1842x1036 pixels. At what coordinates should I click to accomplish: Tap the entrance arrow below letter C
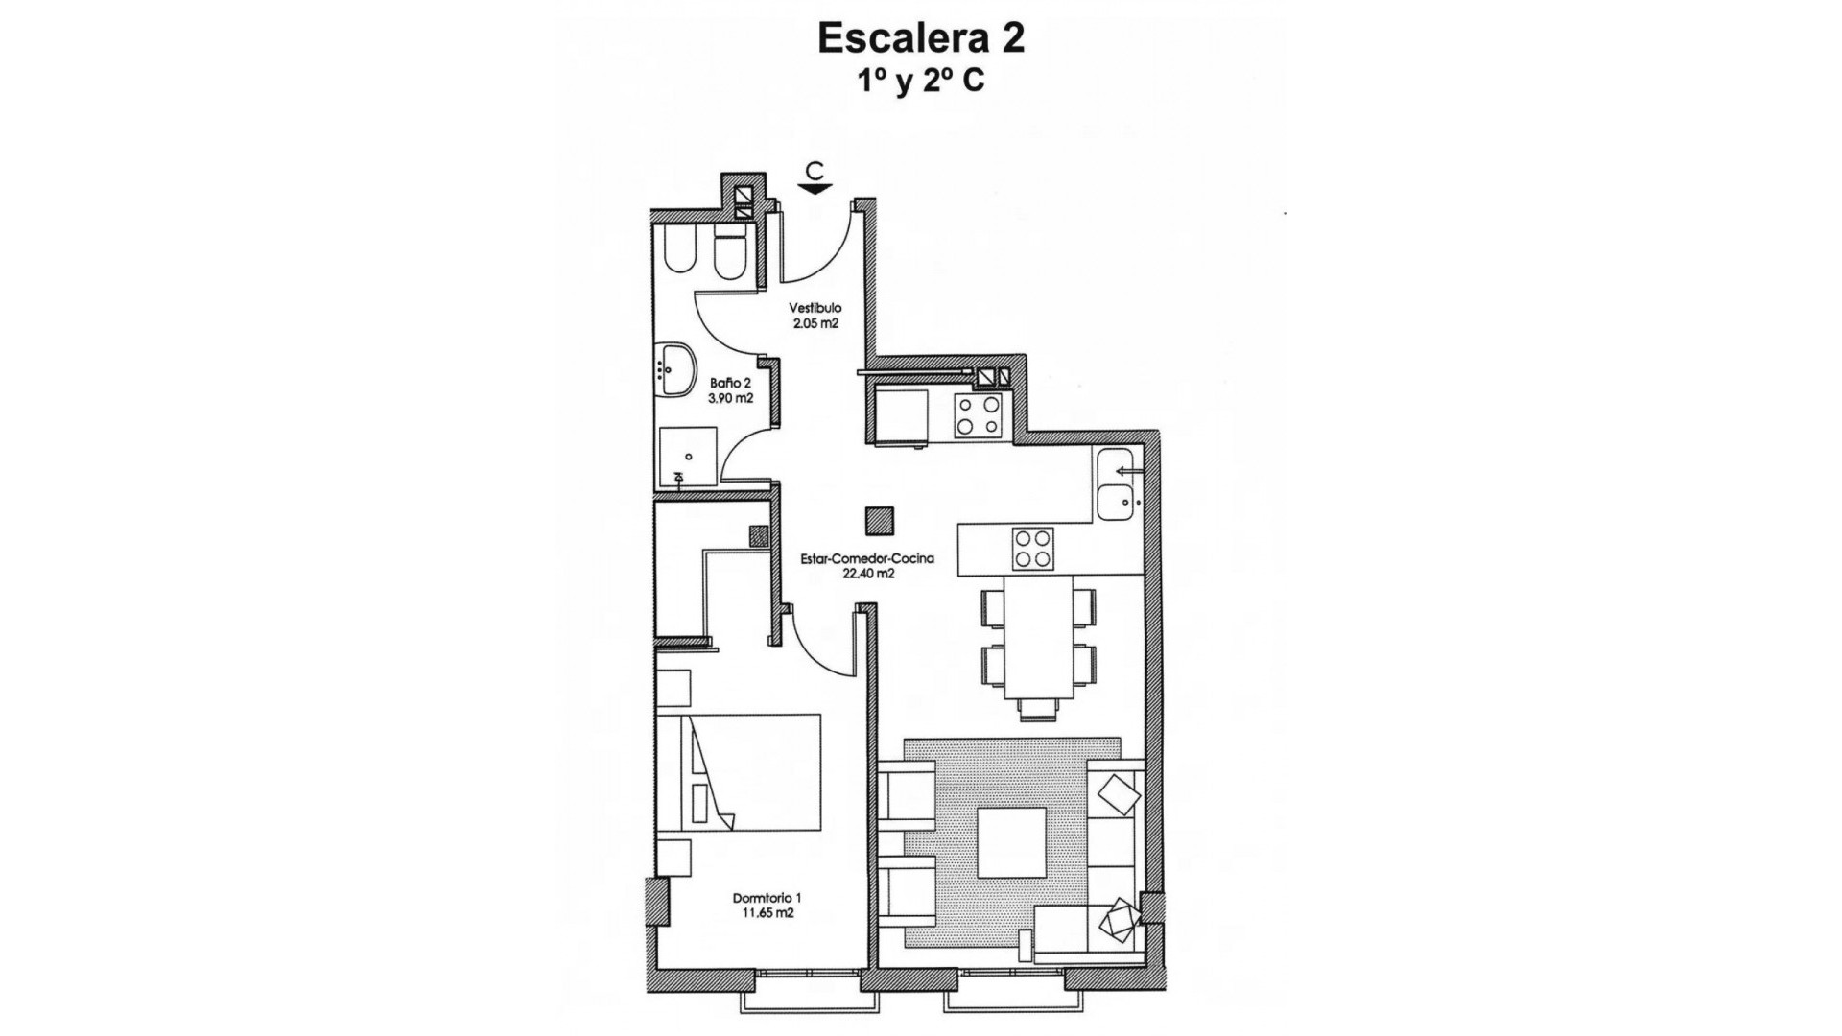[x=815, y=189]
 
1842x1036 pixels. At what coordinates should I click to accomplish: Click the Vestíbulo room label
[x=815, y=308]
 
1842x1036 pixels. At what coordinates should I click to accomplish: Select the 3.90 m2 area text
[x=732, y=398]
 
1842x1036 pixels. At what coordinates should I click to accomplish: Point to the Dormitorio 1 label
[x=767, y=898]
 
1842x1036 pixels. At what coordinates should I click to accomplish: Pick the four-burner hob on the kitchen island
[x=1032, y=550]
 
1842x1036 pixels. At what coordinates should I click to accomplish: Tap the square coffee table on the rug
[x=1010, y=842]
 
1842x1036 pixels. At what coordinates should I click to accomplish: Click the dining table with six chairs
[x=1038, y=637]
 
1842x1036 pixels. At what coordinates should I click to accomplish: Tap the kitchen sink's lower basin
[x=1115, y=503]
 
